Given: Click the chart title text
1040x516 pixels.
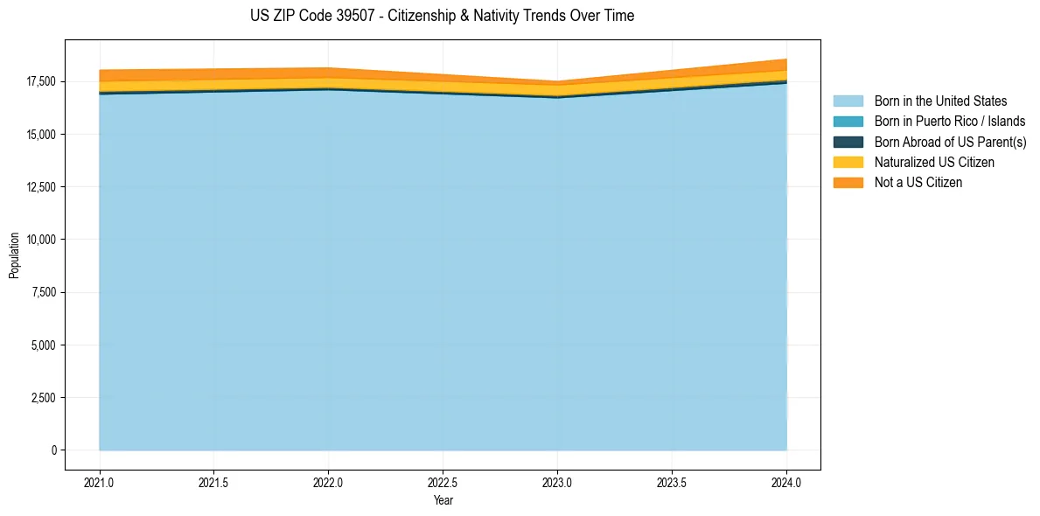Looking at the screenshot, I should tap(442, 16).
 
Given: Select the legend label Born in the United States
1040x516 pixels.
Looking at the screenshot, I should tap(940, 101).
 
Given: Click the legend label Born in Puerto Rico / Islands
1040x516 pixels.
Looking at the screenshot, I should tap(949, 122).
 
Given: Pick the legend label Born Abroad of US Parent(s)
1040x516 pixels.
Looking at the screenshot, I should tap(950, 142).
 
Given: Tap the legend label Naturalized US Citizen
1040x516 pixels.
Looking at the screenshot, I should tap(934, 163).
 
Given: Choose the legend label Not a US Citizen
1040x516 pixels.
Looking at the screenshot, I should tap(918, 183).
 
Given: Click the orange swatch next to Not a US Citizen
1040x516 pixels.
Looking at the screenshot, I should tap(848, 183).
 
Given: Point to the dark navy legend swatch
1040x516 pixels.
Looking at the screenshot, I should tap(848, 142).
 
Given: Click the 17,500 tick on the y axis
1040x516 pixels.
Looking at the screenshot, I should tap(39, 81).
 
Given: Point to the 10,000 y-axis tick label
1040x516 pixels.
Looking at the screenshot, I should tap(39, 240).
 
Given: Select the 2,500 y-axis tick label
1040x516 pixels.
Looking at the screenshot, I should tap(42, 398).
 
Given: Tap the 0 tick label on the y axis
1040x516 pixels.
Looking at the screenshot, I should tap(53, 450).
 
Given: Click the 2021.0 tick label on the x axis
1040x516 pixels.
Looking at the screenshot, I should tap(100, 482).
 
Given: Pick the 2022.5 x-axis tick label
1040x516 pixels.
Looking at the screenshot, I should tap(443, 482).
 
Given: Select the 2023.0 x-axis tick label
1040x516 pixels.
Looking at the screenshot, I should tap(557, 482).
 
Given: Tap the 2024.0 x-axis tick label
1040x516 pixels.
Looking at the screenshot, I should tap(786, 482).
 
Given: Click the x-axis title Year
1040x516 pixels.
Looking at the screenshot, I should tap(443, 500).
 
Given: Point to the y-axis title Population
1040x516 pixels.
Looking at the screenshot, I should tap(14, 255).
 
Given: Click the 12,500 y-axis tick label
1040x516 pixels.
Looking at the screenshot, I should tap(39, 187).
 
